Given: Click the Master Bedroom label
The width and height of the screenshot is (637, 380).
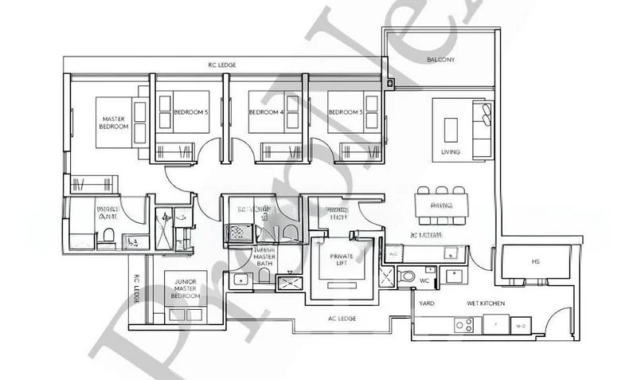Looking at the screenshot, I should [113, 123].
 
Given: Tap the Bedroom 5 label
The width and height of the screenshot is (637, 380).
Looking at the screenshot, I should [190, 112].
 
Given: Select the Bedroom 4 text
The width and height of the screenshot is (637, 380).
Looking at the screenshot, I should [266, 112].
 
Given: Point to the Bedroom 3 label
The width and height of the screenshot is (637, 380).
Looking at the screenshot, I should [345, 112].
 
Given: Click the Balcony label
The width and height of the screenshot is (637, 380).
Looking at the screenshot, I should [440, 60].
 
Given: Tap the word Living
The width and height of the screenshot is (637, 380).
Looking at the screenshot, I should [451, 151].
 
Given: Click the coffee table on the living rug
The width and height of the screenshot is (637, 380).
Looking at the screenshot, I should [451, 128].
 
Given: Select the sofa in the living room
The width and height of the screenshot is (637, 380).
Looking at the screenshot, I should [483, 128].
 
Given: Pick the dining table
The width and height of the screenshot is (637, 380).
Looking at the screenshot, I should [440, 205].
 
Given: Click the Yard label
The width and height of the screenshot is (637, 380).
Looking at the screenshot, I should [426, 304].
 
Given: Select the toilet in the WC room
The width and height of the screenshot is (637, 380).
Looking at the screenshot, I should [407, 276].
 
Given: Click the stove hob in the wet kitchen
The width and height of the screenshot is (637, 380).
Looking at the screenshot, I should [463, 324].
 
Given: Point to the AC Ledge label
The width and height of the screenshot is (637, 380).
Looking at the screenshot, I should [342, 319].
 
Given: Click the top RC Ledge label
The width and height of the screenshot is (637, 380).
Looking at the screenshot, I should [222, 64].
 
